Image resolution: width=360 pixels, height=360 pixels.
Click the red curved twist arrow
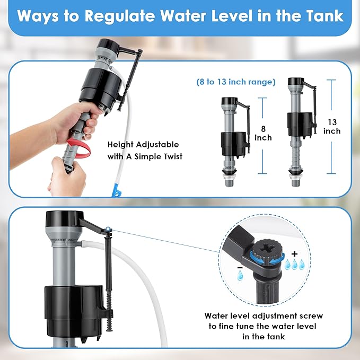[80, 148]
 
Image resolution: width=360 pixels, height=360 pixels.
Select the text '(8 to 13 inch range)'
[236, 82]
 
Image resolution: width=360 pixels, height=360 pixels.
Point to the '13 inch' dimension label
[332, 126]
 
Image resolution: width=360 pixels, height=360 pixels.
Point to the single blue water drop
[240, 276]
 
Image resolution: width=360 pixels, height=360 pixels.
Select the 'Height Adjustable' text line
[143, 144]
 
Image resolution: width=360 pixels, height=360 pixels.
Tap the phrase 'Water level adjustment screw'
[264, 315]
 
